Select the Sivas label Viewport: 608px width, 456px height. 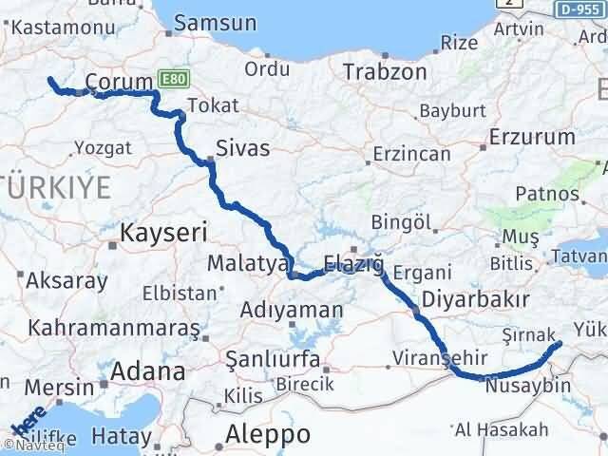click(x=242, y=148)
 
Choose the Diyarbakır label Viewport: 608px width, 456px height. click(x=477, y=300)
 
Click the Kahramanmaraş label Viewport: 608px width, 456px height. click(x=114, y=328)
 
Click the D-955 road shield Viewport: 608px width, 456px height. click(x=579, y=9)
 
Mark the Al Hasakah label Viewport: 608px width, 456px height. click(x=500, y=429)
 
